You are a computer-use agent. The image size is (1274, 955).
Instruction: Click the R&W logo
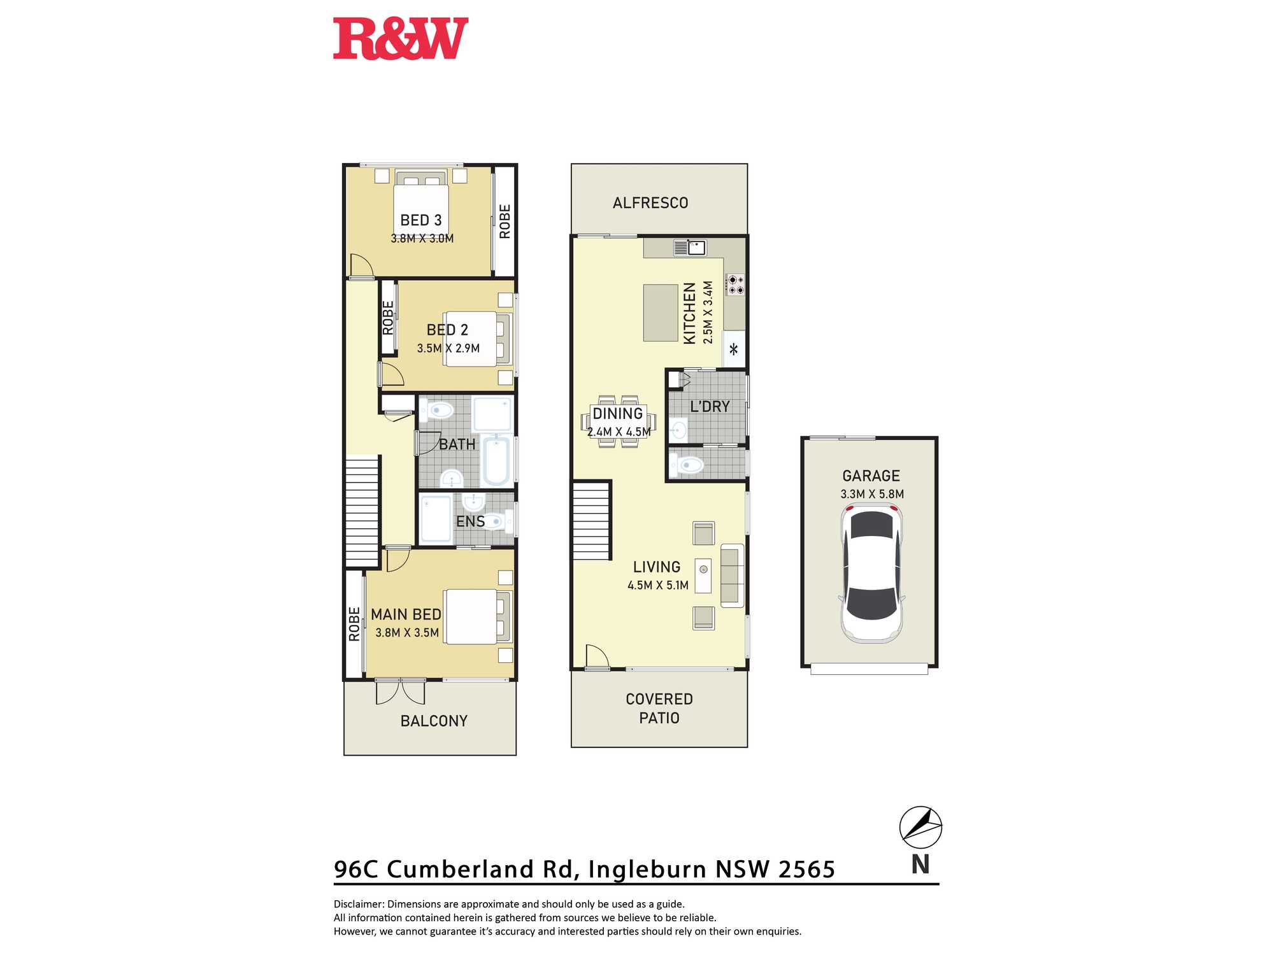(401, 39)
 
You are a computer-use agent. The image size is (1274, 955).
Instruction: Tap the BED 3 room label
(421, 220)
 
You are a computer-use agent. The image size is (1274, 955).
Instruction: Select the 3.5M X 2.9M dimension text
(448, 348)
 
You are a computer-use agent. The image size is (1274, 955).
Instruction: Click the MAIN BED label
(406, 614)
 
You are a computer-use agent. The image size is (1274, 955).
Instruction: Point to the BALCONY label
(434, 721)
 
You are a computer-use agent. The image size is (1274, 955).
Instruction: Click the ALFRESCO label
(650, 203)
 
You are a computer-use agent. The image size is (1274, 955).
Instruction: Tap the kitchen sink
(690, 247)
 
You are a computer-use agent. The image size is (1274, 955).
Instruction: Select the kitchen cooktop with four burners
(736, 285)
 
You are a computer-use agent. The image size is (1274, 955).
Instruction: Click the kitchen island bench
(661, 313)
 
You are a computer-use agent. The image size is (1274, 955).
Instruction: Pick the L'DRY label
(710, 407)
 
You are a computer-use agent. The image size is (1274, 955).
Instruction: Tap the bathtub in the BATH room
(496, 460)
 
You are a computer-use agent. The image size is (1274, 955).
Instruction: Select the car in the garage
(871, 572)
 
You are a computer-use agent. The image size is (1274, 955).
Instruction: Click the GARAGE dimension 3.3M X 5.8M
(872, 494)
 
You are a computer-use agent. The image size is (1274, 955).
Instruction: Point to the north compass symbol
(920, 828)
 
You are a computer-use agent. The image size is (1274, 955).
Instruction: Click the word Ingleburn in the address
(647, 870)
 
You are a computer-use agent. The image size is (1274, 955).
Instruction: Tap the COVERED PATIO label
(659, 709)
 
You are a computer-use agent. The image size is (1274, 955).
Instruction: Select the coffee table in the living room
(703, 576)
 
